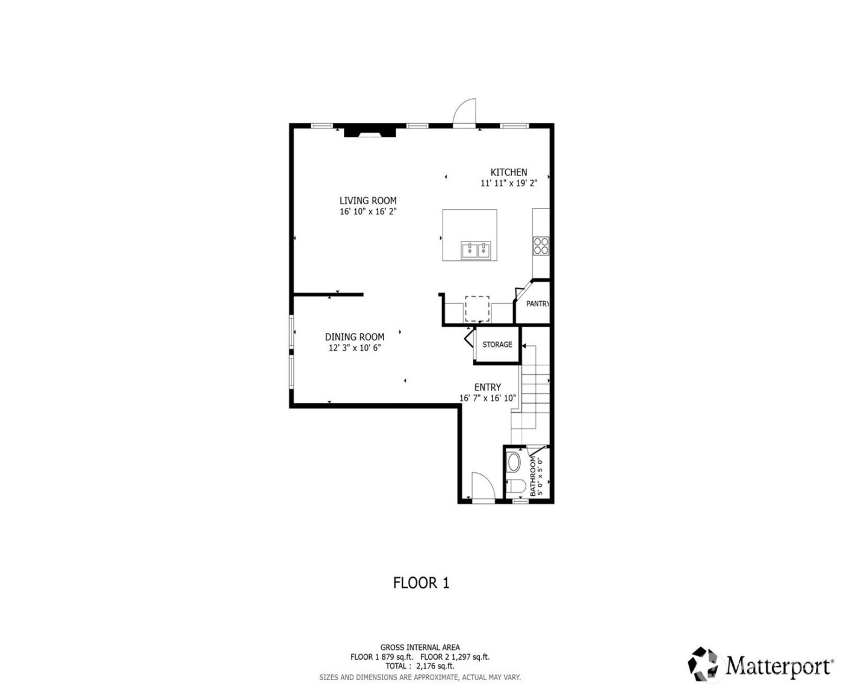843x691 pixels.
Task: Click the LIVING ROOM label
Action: point(368,201)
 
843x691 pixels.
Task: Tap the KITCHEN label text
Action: point(508,172)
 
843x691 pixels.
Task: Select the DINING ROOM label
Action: point(354,337)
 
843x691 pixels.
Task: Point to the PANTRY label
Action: point(537,304)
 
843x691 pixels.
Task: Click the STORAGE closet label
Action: point(497,345)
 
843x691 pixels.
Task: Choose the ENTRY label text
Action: point(487,387)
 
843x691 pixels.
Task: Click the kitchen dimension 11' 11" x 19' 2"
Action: point(508,184)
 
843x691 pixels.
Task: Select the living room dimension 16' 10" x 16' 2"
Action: point(368,212)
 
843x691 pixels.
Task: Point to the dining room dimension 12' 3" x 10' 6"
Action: point(354,348)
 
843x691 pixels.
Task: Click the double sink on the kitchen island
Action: point(476,250)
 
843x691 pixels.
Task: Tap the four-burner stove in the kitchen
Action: point(541,245)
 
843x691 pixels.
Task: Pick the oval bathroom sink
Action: point(514,463)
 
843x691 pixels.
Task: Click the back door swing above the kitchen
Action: point(465,113)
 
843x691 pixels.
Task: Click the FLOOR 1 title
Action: point(421,583)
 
